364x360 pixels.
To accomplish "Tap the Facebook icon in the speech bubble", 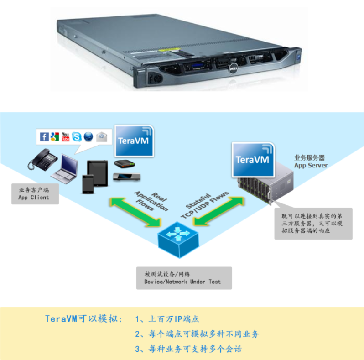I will click(x=44, y=137).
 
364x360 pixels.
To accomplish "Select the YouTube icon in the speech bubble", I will click(x=66, y=136).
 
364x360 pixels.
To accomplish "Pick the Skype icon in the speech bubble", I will click(x=77, y=136).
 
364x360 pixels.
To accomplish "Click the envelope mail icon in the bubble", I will click(x=101, y=136).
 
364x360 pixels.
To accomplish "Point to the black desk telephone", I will click(x=42, y=160).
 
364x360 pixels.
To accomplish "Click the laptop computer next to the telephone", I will click(x=65, y=167).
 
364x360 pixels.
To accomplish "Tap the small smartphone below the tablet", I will click(x=88, y=183).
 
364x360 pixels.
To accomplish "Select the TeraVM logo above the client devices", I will click(x=134, y=140).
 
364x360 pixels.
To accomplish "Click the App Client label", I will click(x=33, y=194).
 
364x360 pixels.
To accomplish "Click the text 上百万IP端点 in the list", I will click(x=174, y=319).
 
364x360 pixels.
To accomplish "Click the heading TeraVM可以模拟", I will click(x=83, y=318).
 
